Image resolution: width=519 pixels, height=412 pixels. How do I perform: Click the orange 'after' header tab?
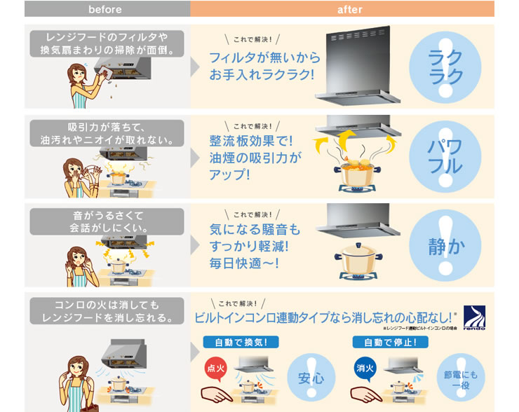pyautogui.click(x=342, y=9)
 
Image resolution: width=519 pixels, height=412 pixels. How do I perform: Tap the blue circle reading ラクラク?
pyautogui.click(x=445, y=67)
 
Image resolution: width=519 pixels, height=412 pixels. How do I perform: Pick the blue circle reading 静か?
pyautogui.click(x=445, y=246)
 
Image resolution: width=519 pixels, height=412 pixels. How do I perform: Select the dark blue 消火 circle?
pyautogui.click(x=363, y=367)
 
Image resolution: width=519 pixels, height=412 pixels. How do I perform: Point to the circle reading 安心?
pyautogui.click(x=311, y=378)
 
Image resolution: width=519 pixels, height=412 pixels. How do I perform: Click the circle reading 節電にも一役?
pyautogui.click(x=460, y=378)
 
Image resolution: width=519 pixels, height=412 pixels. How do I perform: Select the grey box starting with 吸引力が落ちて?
pyautogui.click(x=106, y=133)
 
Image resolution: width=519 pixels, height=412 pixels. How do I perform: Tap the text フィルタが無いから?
pyautogui.click(x=264, y=57)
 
